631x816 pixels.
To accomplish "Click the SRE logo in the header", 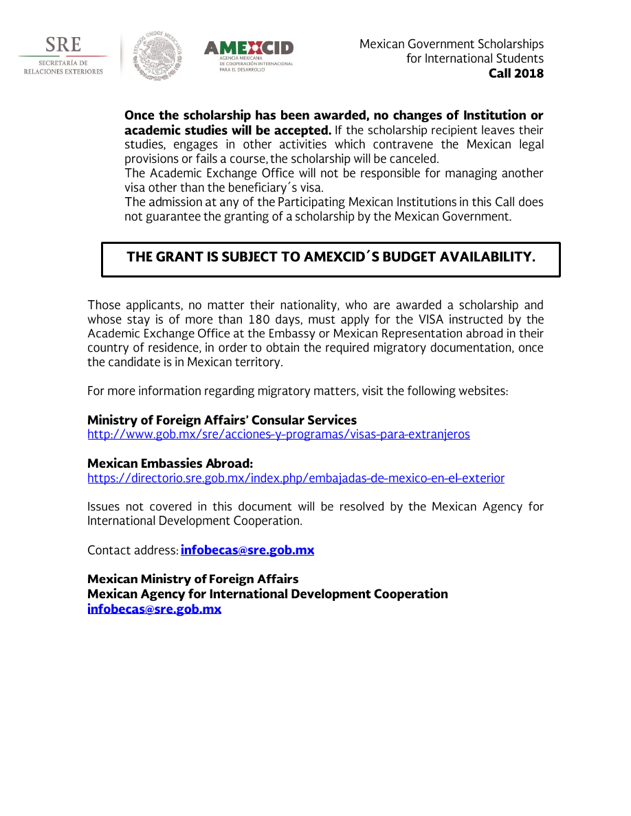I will click(x=63, y=56).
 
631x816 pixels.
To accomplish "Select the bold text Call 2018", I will click(x=516, y=73).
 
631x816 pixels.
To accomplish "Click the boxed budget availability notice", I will click(x=331, y=259).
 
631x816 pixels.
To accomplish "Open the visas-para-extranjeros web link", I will click(x=278, y=435).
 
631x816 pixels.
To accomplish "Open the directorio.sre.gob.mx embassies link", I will click(x=296, y=479).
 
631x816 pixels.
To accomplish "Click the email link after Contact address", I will click(x=247, y=551).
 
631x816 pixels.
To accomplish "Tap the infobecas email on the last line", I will click(x=154, y=609).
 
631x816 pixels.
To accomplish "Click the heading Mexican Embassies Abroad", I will click(x=170, y=464).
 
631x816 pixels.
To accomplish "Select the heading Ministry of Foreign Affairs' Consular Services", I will click(x=222, y=420).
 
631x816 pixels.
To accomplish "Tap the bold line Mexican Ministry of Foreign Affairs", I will click(x=192, y=580).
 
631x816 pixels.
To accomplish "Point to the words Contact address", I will click(x=132, y=551).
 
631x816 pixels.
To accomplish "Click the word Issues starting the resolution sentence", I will click(x=103, y=507).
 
